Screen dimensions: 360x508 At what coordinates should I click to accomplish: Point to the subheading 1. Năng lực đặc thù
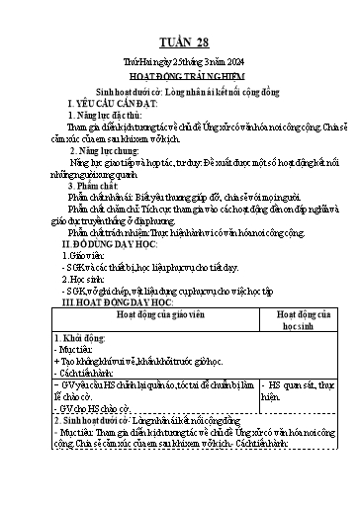(x=104, y=115)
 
